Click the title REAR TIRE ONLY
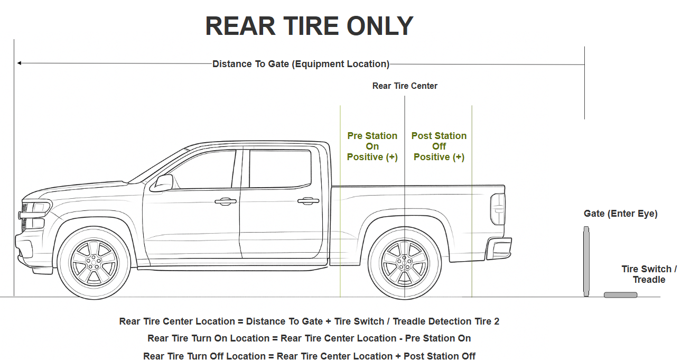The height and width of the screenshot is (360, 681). pyautogui.click(x=309, y=26)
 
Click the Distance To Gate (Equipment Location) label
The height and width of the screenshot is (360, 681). pyautogui.click(x=301, y=64)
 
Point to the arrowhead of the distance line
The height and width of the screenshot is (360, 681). pyautogui.click(x=19, y=63)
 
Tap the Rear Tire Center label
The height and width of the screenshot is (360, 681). pyautogui.click(x=405, y=86)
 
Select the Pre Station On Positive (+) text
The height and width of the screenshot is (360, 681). pyautogui.click(x=372, y=146)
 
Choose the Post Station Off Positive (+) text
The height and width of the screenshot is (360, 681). pyautogui.click(x=439, y=146)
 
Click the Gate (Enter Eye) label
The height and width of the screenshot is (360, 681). pyautogui.click(x=620, y=214)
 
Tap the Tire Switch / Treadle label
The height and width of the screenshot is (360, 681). pyautogui.click(x=649, y=274)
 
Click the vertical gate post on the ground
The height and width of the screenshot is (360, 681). pyautogui.click(x=586, y=261)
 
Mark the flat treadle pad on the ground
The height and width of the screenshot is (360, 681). pyautogui.click(x=620, y=294)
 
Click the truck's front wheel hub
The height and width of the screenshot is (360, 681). pyautogui.click(x=94, y=261)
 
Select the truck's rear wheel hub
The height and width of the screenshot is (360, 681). pyautogui.click(x=405, y=261)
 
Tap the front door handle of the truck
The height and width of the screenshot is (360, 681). pyautogui.click(x=226, y=201)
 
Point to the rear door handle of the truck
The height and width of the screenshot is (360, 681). pyautogui.click(x=308, y=201)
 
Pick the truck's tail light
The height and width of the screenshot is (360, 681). pyautogui.click(x=498, y=209)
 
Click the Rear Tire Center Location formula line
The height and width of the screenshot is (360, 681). pyautogui.click(x=309, y=321)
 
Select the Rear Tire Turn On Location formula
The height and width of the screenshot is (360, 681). pyautogui.click(x=309, y=338)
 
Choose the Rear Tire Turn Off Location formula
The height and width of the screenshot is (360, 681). pyautogui.click(x=309, y=356)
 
